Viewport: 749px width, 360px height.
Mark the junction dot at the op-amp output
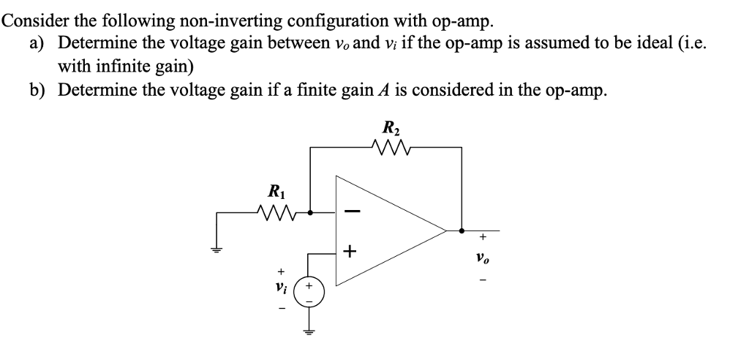point(461,231)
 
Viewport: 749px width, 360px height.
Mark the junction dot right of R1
point(310,213)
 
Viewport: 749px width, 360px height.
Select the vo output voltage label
point(481,258)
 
